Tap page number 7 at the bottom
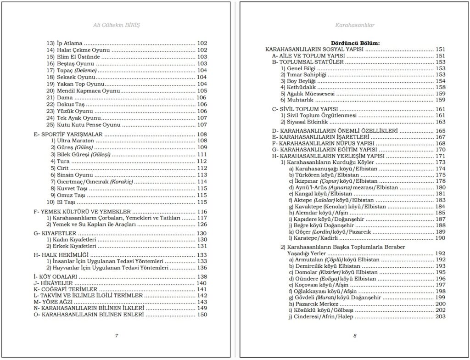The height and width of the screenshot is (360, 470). click(x=117, y=336)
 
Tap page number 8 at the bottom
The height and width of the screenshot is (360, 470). click(x=355, y=336)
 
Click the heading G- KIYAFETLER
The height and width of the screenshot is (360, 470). click(x=56, y=233)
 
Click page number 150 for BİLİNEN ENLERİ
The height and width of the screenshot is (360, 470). click(x=201, y=315)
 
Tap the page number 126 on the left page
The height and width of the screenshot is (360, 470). click(x=201, y=225)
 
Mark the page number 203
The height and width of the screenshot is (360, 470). click(x=440, y=316)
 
